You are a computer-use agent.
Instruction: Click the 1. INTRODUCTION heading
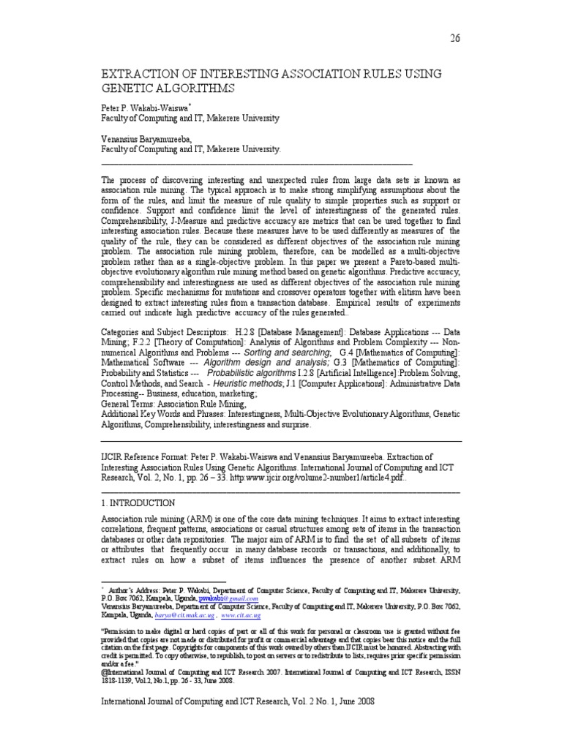138,503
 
